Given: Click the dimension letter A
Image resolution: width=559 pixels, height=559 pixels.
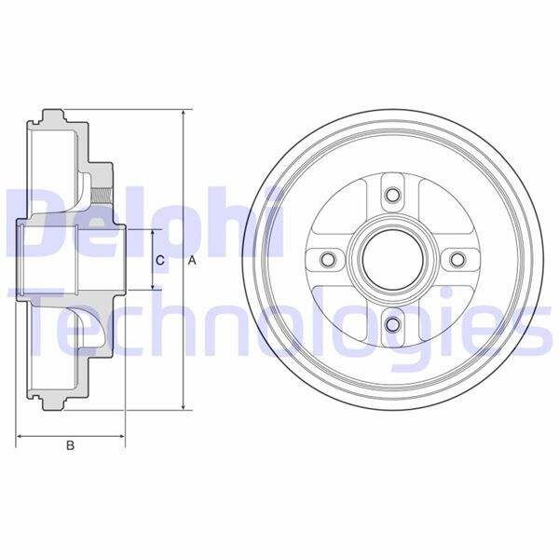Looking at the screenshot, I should [192, 261].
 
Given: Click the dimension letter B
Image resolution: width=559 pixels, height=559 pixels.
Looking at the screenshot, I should [70, 445].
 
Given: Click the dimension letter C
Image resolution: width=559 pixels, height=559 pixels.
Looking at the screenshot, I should [160, 261].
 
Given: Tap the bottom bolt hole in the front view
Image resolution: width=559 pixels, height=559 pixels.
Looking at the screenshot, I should [392, 325].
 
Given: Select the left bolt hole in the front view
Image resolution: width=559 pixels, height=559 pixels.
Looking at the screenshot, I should [327, 260].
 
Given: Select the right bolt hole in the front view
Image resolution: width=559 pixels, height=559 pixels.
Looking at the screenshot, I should [457, 260].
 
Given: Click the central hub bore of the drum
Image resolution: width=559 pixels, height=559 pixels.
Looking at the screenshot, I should [392, 260].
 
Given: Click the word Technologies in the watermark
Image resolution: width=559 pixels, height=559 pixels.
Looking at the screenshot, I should [279, 321].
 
